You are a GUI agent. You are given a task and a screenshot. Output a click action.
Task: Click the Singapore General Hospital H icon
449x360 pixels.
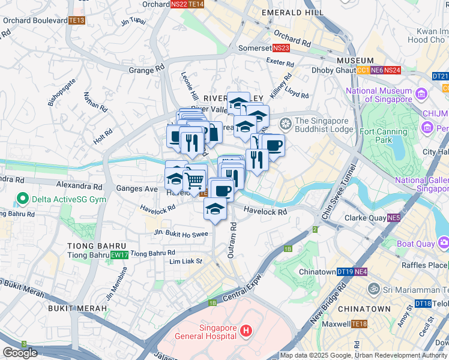[x=245, y=331]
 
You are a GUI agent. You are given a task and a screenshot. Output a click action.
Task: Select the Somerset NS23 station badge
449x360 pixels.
[x=281, y=48]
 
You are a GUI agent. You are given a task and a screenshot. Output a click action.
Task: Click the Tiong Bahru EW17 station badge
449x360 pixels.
[x=119, y=256]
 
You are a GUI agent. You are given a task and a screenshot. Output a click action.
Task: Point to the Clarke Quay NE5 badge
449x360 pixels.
[x=394, y=218]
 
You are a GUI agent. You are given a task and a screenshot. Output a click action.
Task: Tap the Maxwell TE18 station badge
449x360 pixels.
[x=359, y=325]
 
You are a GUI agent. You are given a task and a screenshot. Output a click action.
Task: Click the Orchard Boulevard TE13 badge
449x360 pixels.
[x=77, y=20]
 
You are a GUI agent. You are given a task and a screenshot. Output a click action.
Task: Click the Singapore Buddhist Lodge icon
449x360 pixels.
[x=286, y=122]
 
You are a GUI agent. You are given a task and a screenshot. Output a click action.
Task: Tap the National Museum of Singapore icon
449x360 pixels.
[x=420, y=95]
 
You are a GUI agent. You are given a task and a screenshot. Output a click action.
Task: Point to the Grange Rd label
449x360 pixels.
[x=146, y=70]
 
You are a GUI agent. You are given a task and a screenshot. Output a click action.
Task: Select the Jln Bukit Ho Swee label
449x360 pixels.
[x=181, y=233]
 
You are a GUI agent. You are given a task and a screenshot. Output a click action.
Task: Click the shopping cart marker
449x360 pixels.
[x=194, y=179]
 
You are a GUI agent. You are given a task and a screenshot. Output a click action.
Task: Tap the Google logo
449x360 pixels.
[x=20, y=353]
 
